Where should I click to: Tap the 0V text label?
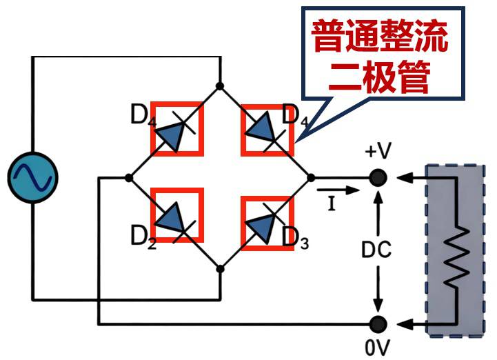coord(377,344)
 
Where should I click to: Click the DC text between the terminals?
coord(376,249)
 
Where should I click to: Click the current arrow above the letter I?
coord(338,188)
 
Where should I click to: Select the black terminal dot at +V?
coord(377,178)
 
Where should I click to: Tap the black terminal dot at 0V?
coord(377,323)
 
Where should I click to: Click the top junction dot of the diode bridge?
coord(220,86)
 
